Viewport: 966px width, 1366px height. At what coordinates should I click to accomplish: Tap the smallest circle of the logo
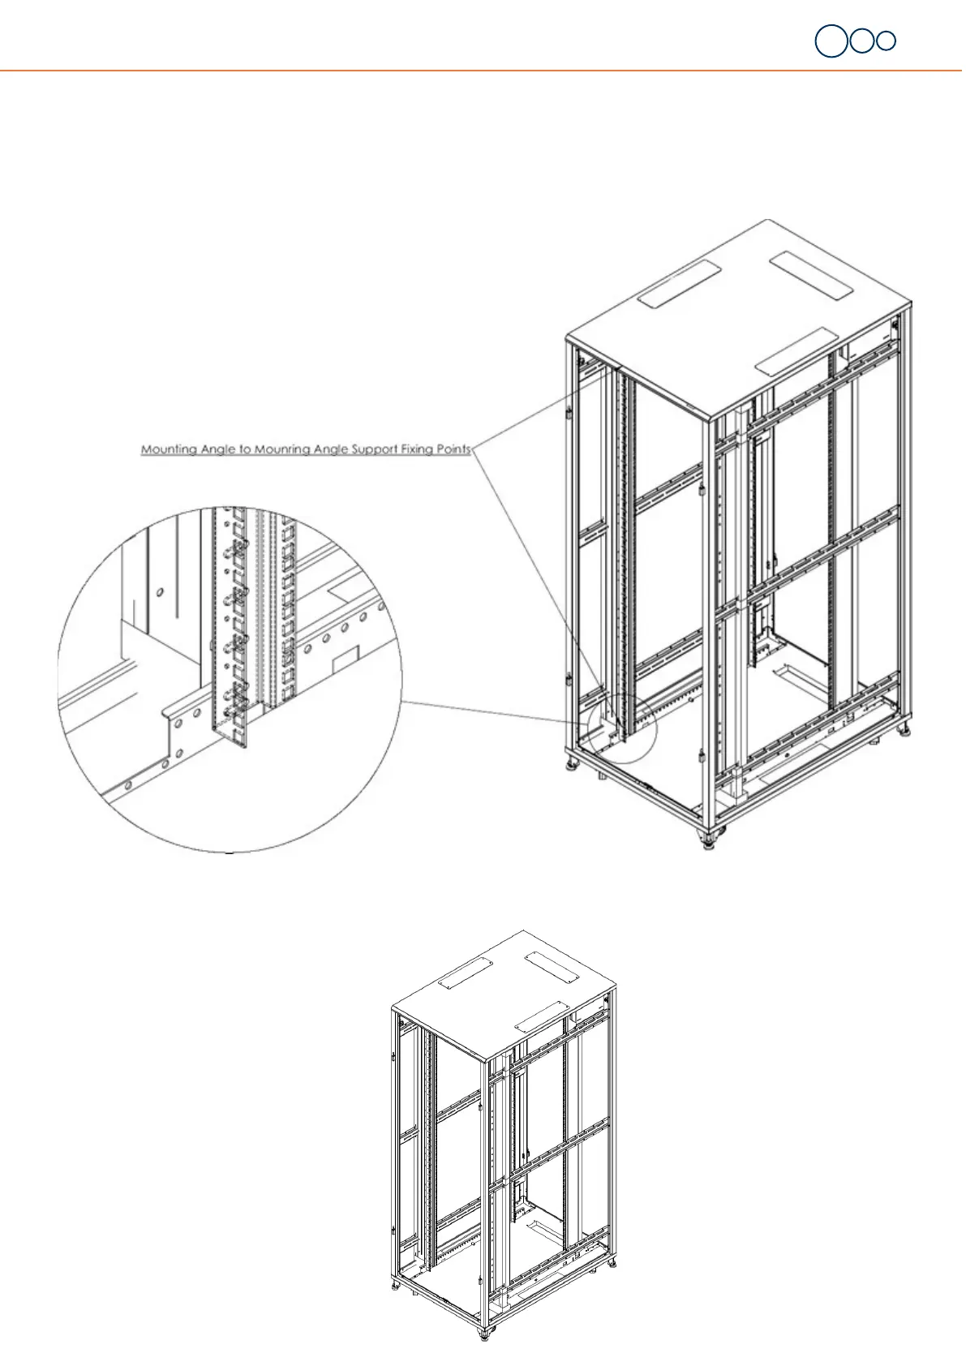point(887,41)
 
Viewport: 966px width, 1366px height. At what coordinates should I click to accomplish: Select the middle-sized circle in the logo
point(862,41)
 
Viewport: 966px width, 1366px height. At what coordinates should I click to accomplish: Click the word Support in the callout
point(371,449)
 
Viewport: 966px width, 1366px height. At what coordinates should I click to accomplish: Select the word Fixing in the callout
point(418,449)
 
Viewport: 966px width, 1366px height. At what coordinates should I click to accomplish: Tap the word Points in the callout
point(454,449)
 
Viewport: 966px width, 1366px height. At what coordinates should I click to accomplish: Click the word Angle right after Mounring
point(327,449)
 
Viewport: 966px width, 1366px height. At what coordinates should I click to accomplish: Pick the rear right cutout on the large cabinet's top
point(811,274)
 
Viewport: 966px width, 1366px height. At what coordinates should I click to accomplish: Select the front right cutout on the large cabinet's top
point(795,350)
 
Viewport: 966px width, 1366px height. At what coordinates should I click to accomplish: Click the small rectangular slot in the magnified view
point(346,659)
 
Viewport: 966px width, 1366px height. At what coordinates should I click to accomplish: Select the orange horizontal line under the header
point(483,71)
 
